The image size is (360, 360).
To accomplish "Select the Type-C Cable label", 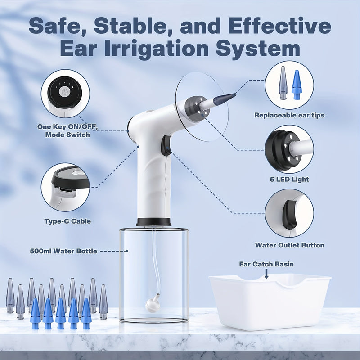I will [67, 221].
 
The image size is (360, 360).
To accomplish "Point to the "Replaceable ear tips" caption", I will [289, 115].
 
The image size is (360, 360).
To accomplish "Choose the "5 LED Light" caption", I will [289, 180].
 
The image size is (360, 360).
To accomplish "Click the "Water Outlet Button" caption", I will [289, 245].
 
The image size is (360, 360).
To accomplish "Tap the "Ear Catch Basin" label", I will [266, 264].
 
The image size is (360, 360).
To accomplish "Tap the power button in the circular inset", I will [65, 91].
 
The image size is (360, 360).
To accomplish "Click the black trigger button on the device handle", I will [166, 146].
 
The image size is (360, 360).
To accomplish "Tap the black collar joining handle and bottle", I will [153, 222].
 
